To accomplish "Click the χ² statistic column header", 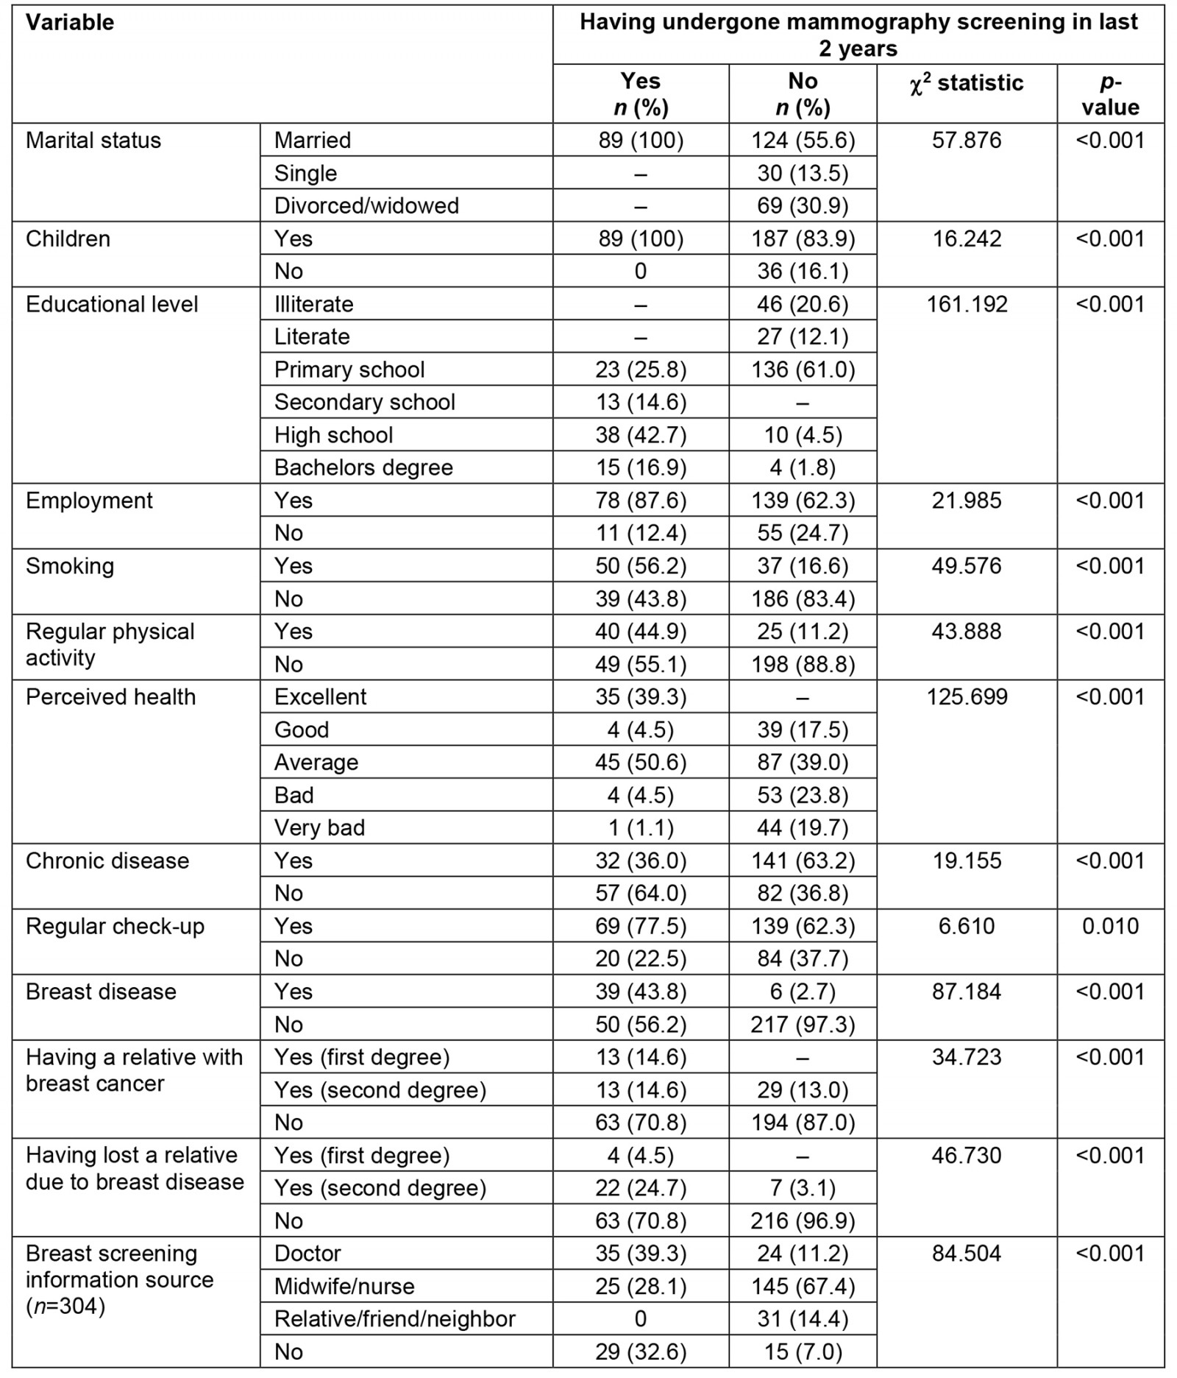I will click(x=966, y=83).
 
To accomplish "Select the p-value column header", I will click(x=1110, y=94).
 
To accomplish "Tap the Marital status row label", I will click(x=93, y=140).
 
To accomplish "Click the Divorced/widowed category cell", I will click(x=366, y=205).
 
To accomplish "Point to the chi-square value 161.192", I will click(x=967, y=304).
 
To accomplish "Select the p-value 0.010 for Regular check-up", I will click(x=1110, y=926).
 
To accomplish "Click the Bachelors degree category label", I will click(x=363, y=467).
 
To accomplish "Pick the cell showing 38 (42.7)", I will click(x=641, y=435).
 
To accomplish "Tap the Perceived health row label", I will click(x=111, y=696).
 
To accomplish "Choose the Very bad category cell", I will click(x=319, y=827).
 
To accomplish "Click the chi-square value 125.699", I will click(x=967, y=696).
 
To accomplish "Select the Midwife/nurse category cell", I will click(x=344, y=1286).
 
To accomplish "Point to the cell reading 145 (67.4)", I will click(x=803, y=1286).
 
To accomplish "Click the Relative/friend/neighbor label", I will click(x=395, y=1318).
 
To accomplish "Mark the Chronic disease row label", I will click(x=107, y=861).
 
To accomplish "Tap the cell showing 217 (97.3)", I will click(x=803, y=1024).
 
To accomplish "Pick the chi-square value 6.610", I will click(x=967, y=926).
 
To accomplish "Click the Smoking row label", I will click(x=70, y=566).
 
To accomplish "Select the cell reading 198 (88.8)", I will click(x=803, y=664).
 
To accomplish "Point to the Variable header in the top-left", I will click(x=70, y=22).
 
